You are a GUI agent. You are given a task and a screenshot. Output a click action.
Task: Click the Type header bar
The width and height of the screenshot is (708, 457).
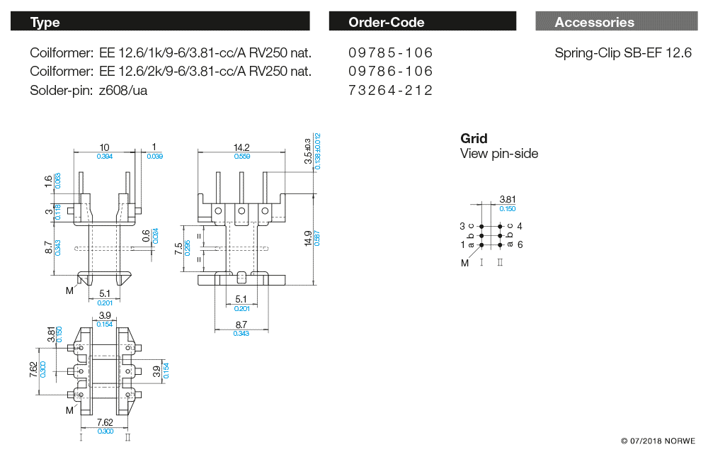[160, 22]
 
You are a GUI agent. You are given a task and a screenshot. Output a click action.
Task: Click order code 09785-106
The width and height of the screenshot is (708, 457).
[390, 53]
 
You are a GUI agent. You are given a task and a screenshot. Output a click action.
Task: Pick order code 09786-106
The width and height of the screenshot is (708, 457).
[390, 72]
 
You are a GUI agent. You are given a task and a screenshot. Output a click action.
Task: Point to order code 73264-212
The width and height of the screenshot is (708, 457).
[390, 90]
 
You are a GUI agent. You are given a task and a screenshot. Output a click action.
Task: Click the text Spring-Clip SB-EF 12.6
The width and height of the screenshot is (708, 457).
[623, 53]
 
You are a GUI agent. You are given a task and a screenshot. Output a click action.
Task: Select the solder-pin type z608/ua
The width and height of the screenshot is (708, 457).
[124, 90]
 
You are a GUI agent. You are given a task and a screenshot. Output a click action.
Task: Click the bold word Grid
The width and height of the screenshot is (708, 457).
[474, 138]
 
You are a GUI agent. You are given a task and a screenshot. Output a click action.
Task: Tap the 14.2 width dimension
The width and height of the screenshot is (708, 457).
[241, 147]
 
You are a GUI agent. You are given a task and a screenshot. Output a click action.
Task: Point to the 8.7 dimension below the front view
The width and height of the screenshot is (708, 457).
[241, 324]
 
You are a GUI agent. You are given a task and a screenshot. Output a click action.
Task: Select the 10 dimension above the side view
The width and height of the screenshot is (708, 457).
[104, 147]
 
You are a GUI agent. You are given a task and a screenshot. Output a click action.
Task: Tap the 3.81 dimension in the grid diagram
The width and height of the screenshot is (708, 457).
[507, 200]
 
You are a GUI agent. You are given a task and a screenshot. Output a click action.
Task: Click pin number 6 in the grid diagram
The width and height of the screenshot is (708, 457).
[520, 244]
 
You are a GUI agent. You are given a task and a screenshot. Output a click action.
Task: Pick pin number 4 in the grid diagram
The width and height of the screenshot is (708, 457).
[520, 226]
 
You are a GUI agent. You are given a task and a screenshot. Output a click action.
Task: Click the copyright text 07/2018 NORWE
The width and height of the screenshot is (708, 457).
[658, 441]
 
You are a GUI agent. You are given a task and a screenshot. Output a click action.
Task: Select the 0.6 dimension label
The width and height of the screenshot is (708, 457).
[146, 235]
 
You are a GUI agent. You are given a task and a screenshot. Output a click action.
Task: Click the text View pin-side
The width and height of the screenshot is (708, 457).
[499, 154]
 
